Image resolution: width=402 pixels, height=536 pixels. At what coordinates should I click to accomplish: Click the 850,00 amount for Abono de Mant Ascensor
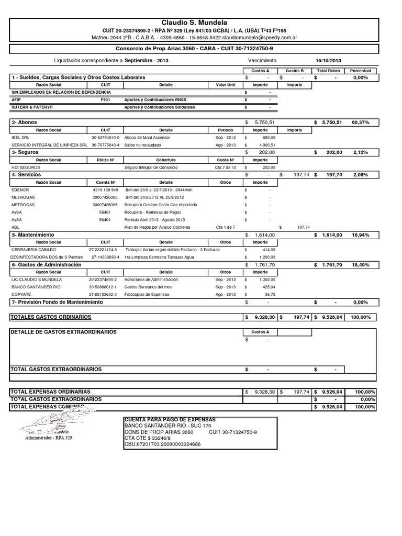click(267, 137)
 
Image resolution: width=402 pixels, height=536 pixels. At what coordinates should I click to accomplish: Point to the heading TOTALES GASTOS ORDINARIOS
click(51, 317)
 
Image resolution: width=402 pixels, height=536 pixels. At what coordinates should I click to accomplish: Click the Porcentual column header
click(361, 70)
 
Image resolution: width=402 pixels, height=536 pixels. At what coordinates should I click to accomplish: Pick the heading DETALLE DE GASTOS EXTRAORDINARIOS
click(63, 332)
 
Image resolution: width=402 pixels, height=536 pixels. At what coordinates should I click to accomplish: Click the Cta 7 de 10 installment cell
click(226, 167)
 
